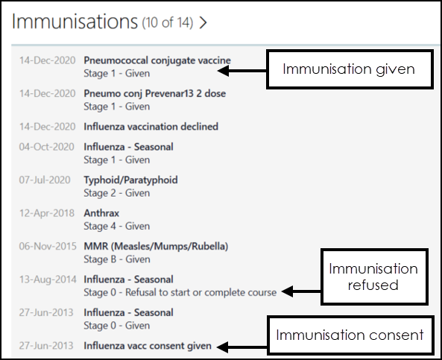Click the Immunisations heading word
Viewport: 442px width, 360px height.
pyautogui.click(x=75, y=22)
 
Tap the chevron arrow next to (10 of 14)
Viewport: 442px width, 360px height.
pyautogui.click(x=203, y=22)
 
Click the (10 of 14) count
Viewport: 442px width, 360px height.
pyautogui.click(x=168, y=22)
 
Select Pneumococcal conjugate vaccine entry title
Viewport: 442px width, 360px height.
pyautogui.click(x=157, y=60)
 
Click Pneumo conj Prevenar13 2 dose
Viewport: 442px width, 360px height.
pyautogui.click(x=155, y=93)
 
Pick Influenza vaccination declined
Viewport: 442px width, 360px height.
pyautogui.click(x=151, y=127)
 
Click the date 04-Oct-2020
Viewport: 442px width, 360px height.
pyautogui.click(x=46, y=147)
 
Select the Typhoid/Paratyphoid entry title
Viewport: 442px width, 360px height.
pyautogui.click(x=130, y=180)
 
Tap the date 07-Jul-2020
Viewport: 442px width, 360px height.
pyautogui.click(x=45, y=180)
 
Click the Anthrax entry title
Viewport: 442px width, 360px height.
pyautogui.click(x=101, y=213)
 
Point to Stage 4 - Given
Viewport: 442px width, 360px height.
pyautogui.click(x=117, y=226)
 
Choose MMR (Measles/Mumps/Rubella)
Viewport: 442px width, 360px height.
pyautogui.click(x=156, y=247)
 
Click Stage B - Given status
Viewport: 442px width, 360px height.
pyautogui.click(x=117, y=259)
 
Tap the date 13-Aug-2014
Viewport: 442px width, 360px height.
pyautogui.click(x=48, y=280)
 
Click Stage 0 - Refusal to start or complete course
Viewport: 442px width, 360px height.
pyautogui.click(x=180, y=293)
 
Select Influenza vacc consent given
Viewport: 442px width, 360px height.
pyautogui.click(x=148, y=346)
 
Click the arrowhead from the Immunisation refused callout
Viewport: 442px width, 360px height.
pyautogui.click(x=288, y=291)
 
